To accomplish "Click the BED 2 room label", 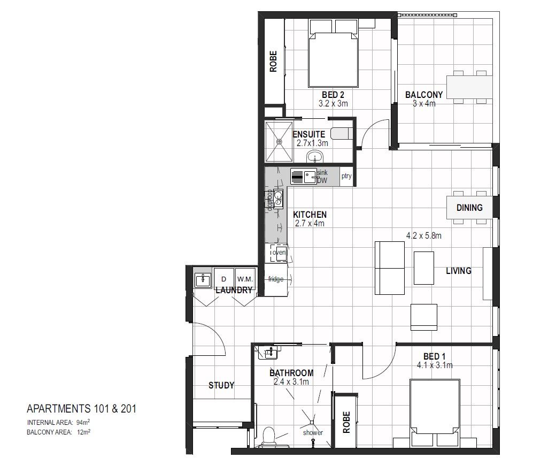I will (x=333, y=95).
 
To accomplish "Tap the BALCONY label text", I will (x=423, y=95).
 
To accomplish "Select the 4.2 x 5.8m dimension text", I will (x=427, y=235).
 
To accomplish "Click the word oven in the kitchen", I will (x=279, y=252).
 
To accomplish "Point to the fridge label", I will (x=276, y=279).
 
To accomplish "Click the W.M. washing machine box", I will (x=245, y=279).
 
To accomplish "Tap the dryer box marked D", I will (x=223, y=279).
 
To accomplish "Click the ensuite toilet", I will (x=340, y=133).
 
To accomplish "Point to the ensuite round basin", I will (x=315, y=157).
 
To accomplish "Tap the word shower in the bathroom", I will (x=312, y=432).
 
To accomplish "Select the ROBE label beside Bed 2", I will (x=273, y=62).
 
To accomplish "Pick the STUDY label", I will (x=221, y=385).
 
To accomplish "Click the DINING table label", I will (x=469, y=208).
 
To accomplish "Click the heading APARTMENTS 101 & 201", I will (x=81, y=409).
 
